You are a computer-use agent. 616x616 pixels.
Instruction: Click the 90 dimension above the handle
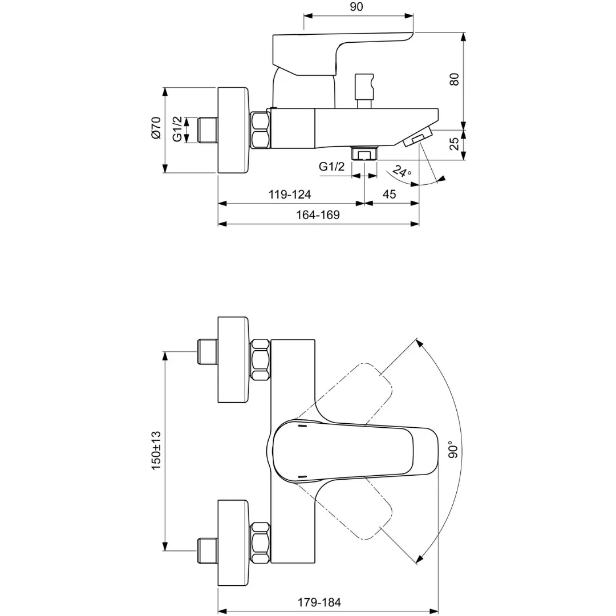point(356,7)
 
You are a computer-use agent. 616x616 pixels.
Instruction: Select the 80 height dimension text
point(455,79)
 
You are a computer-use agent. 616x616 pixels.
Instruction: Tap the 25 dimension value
point(455,144)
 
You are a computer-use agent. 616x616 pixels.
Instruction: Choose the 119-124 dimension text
point(290,194)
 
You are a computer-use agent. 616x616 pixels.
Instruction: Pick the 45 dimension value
point(389,194)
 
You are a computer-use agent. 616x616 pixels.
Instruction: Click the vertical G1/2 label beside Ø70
point(177,129)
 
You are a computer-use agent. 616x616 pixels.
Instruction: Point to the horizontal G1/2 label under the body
point(332,167)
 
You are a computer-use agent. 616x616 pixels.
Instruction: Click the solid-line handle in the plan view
point(354,451)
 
